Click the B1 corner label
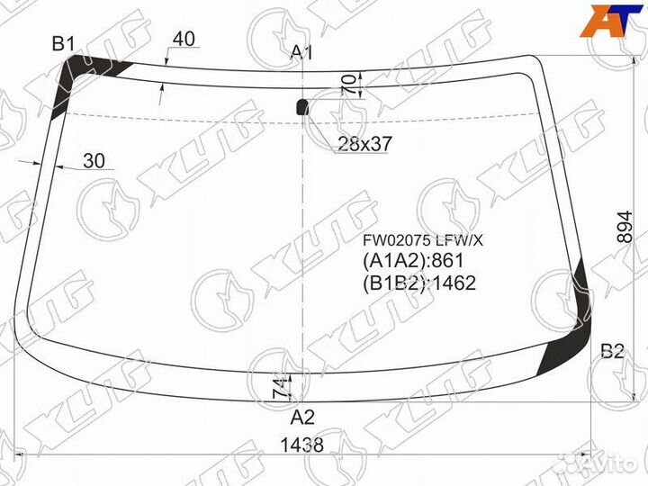tap(63, 44)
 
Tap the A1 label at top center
tap(301, 52)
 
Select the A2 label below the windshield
tap(302, 418)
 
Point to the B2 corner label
tap(612, 351)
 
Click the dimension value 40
tap(184, 39)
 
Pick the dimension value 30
tap(94, 161)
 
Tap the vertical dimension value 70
tap(349, 85)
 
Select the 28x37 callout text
tap(364, 144)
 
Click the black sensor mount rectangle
tap(302, 107)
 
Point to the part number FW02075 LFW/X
tap(423, 240)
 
